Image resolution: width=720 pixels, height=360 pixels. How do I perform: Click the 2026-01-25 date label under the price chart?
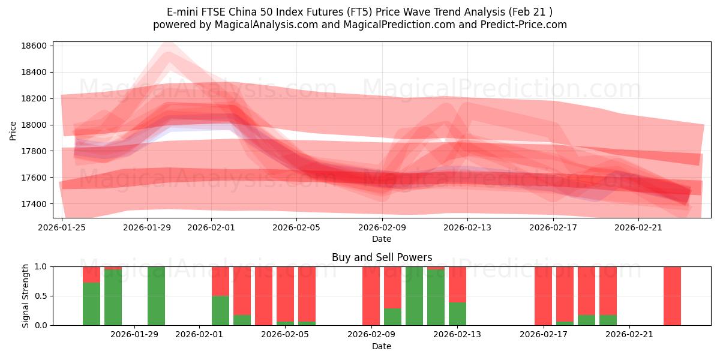pyautogui.click(x=62, y=227)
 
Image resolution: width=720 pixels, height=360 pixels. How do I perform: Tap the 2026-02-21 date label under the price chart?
pyautogui.click(x=638, y=227)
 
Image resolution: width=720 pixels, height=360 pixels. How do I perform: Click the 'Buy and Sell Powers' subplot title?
pyautogui.click(x=382, y=257)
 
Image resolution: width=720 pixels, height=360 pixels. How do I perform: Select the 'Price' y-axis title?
pyautogui.click(x=13, y=130)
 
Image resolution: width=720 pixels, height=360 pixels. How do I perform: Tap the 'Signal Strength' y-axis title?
pyautogui.click(x=26, y=296)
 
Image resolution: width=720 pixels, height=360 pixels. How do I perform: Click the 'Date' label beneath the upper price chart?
pyautogui.click(x=382, y=239)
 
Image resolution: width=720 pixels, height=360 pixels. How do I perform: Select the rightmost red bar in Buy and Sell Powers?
pyautogui.click(x=672, y=296)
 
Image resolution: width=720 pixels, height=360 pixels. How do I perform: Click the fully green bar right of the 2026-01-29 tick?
pyautogui.click(x=156, y=296)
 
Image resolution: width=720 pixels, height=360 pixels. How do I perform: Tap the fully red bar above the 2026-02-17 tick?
pyautogui.click(x=543, y=296)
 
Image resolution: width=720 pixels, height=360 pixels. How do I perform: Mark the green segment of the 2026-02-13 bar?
pyautogui.click(x=457, y=314)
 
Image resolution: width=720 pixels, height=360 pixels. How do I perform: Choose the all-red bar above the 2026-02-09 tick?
pyautogui.click(x=371, y=296)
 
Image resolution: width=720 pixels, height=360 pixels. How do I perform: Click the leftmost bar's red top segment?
pyautogui.click(x=91, y=274)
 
